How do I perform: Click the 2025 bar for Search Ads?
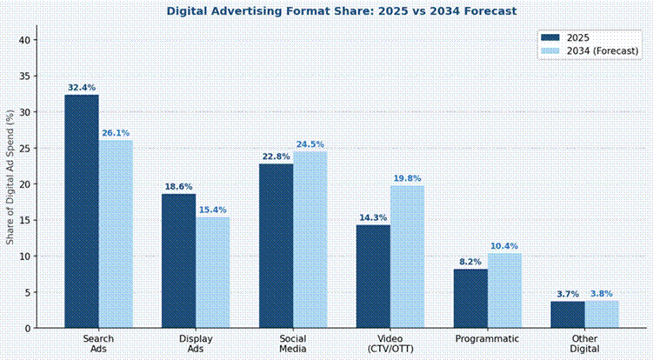tap(82, 211)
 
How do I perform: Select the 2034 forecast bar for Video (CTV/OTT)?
tap(407, 257)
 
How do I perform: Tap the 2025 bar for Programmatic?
tap(470, 298)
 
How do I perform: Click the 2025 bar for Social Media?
tap(276, 246)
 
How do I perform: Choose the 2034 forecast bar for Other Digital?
tap(602, 314)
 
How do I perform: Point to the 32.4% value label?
tap(82, 88)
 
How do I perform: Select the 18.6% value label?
tap(178, 187)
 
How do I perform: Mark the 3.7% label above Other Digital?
tap(567, 295)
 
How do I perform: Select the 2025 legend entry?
tap(578, 37)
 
